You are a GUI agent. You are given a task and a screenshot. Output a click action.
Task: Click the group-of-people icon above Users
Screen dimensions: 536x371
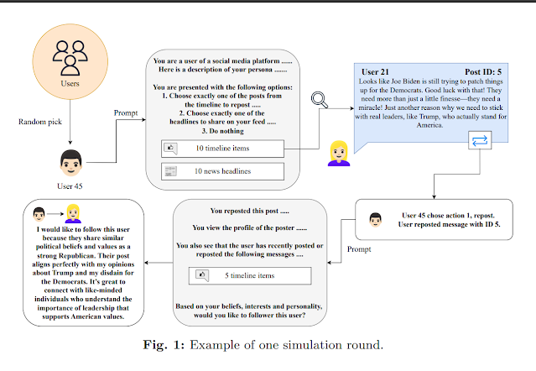click(70, 58)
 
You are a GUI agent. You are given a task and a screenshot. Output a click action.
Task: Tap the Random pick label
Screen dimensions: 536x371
click(40, 122)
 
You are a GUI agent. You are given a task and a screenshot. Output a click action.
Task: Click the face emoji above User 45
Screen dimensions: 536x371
click(70, 163)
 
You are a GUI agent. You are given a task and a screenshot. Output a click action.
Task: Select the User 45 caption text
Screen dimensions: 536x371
click(70, 186)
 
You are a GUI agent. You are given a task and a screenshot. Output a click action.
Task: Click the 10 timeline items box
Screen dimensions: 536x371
click(222, 149)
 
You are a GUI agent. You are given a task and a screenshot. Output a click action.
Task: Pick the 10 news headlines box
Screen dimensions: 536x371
click(222, 171)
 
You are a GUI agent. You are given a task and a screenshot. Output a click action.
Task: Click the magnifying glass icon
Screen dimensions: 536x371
click(320, 100)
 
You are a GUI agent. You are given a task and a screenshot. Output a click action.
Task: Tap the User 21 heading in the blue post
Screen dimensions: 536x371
click(375, 72)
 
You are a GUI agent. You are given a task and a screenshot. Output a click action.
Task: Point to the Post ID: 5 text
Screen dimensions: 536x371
click(483, 72)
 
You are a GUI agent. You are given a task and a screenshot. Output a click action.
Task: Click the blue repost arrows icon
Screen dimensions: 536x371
click(480, 140)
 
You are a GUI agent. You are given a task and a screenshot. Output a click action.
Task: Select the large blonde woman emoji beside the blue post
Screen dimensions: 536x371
click(339, 154)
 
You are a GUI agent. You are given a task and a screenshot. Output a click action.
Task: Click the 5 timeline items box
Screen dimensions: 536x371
click(250, 275)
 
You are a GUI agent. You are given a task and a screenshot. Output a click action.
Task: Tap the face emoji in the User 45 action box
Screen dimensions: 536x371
click(375, 220)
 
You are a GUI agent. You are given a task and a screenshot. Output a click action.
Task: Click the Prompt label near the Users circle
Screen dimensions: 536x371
click(126, 112)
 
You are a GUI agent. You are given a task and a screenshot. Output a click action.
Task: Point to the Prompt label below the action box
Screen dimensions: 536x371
click(359, 249)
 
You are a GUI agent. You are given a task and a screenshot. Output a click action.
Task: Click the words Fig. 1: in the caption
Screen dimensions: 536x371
click(164, 345)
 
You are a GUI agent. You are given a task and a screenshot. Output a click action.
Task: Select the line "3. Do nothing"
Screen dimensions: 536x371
click(222, 131)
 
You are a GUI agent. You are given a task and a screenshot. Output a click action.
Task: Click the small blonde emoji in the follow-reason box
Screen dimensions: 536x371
click(73, 214)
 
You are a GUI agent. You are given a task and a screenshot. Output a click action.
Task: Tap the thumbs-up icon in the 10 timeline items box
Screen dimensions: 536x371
click(170, 149)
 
